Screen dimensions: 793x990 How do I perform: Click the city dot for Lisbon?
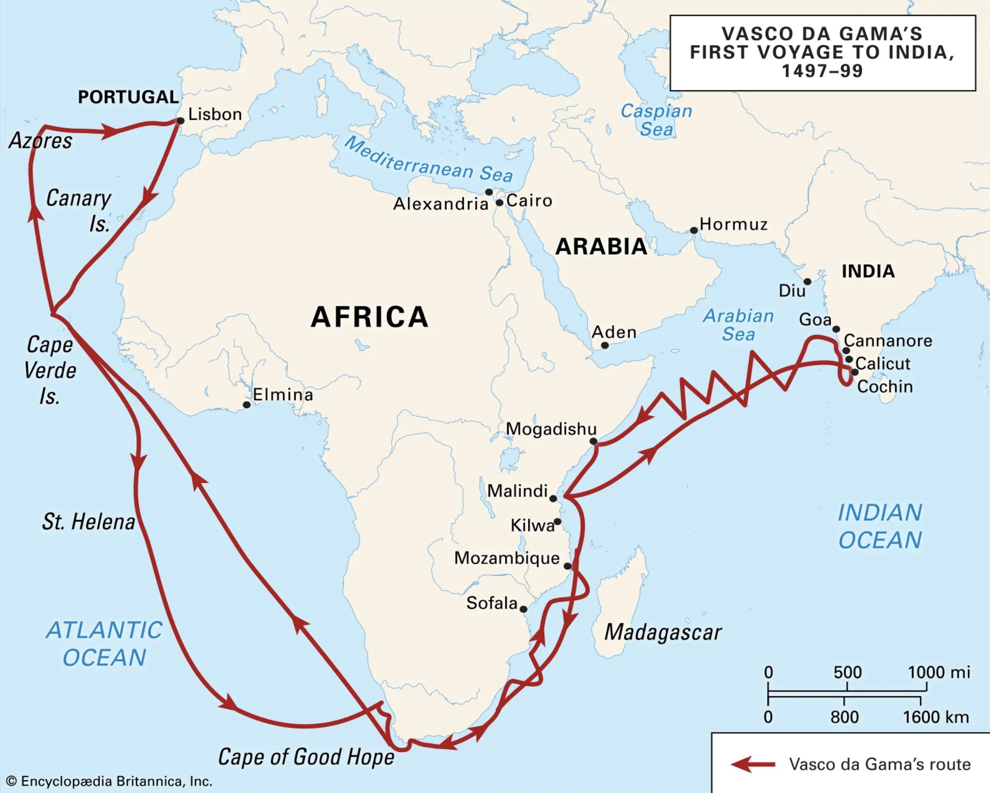[181, 121]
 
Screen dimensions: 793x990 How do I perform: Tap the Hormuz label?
[733, 224]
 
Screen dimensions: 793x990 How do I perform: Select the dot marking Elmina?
[247, 405]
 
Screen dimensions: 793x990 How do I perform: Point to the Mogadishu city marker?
[593, 441]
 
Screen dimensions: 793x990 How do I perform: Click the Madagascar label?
[663, 632]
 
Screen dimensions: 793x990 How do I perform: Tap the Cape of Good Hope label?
[306, 757]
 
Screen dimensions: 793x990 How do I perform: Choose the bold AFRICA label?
[369, 317]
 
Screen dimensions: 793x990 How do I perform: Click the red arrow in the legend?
[753, 764]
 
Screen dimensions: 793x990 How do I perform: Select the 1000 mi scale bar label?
[939, 672]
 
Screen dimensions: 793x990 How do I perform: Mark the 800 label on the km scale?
[844, 717]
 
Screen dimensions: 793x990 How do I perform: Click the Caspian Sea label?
[656, 120]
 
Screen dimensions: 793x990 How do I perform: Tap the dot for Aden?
[605, 345]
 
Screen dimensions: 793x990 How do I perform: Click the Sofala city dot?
[523, 609]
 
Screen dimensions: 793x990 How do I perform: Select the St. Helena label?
[89, 522]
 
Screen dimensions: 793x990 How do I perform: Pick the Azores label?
[40, 141]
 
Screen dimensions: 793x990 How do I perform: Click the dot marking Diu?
[807, 281]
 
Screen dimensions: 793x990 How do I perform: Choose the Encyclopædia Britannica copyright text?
[110, 781]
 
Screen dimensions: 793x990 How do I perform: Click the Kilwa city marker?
[557, 522]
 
